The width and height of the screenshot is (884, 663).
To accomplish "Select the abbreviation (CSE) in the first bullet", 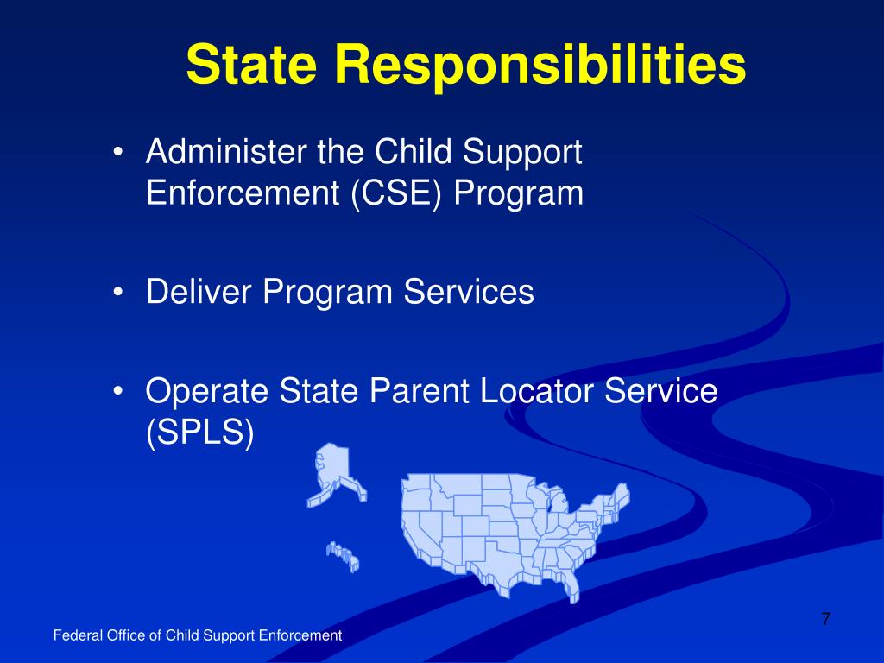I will coord(397,193).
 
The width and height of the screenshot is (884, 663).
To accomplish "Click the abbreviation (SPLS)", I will coord(199,432).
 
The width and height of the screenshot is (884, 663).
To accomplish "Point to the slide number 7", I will coord(825,618).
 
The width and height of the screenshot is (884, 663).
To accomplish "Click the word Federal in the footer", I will coord(78,635).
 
